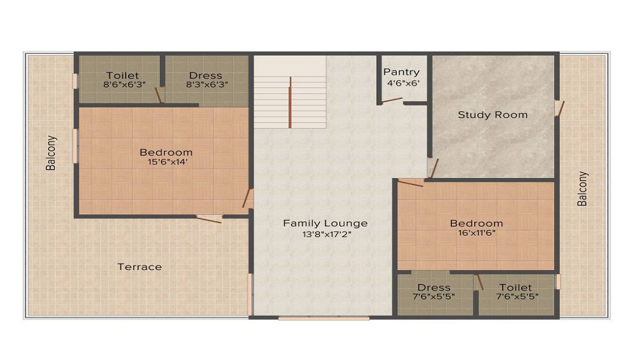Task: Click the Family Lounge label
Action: tap(325, 223)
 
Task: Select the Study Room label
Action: tap(493, 115)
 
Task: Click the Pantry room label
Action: tap(401, 72)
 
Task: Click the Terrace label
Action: tap(139, 267)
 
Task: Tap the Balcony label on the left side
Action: tap(51, 153)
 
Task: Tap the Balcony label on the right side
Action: tap(582, 189)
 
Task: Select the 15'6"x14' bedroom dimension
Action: tap(166, 162)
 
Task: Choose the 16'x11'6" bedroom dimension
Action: tap(476, 233)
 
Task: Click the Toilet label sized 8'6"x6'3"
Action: tap(122, 75)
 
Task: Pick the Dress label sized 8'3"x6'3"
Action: tap(205, 75)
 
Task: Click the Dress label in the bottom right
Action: tap(434, 287)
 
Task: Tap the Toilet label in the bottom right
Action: tap(515, 287)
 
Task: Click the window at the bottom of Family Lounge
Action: tap(323, 318)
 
